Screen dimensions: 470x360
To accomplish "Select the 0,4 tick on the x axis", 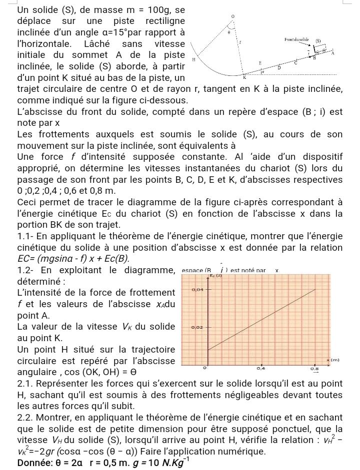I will (x=260, y=368).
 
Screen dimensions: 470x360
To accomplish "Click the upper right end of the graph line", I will (x=316, y=290).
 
